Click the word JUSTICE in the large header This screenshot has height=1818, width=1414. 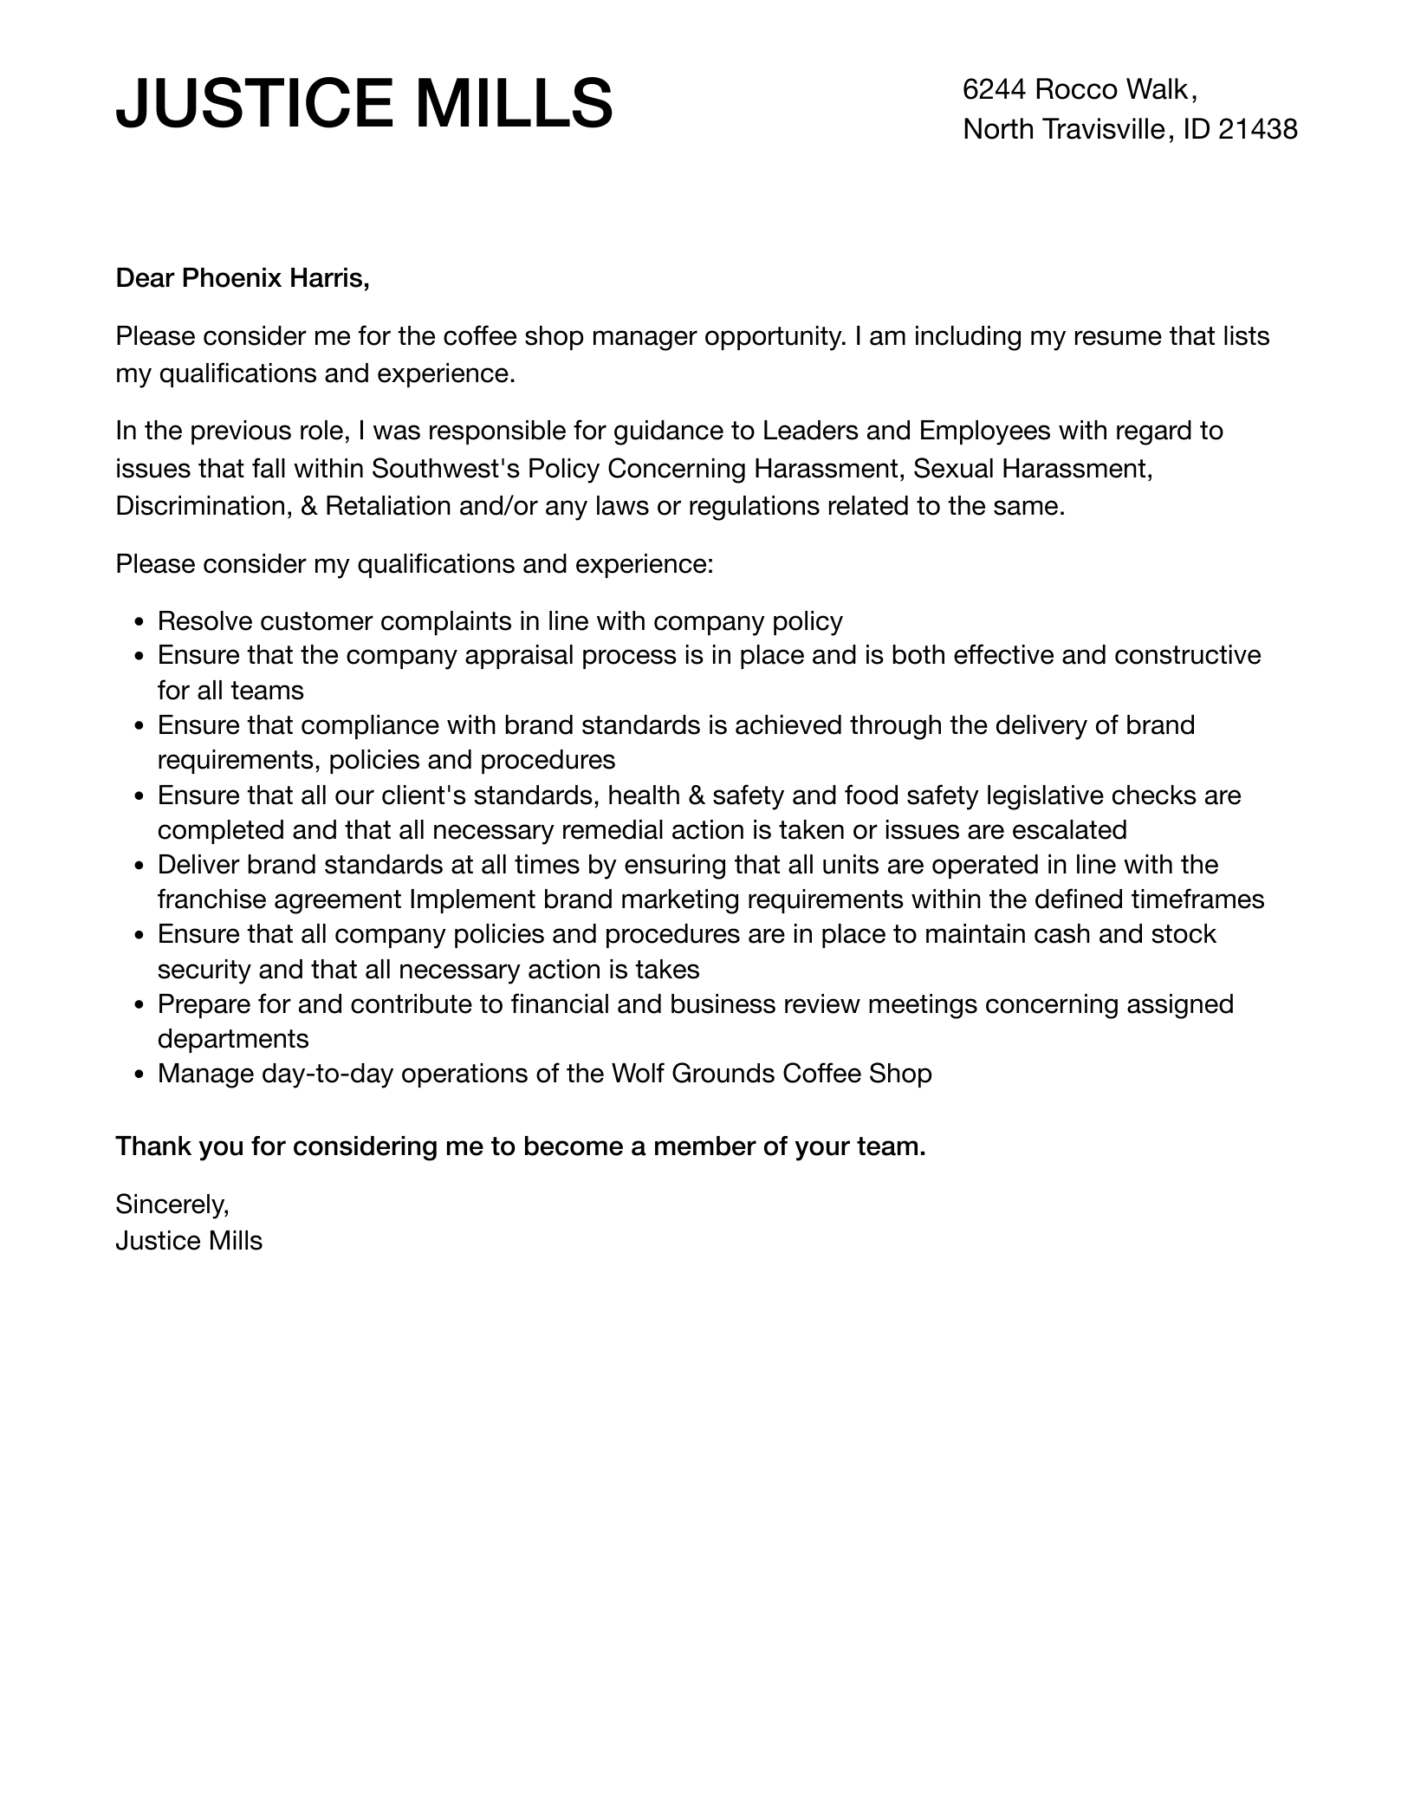click(x=256, y=104)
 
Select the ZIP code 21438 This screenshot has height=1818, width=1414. click(x=1257, y=129)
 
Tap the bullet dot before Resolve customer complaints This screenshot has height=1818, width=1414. click(x=140, y=622)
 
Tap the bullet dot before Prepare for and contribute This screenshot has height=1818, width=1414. click(x=140, y=1005)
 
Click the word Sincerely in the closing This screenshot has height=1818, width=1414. click(x=172, y=1204)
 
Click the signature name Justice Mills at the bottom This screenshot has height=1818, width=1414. click(x=189, y=1241)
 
